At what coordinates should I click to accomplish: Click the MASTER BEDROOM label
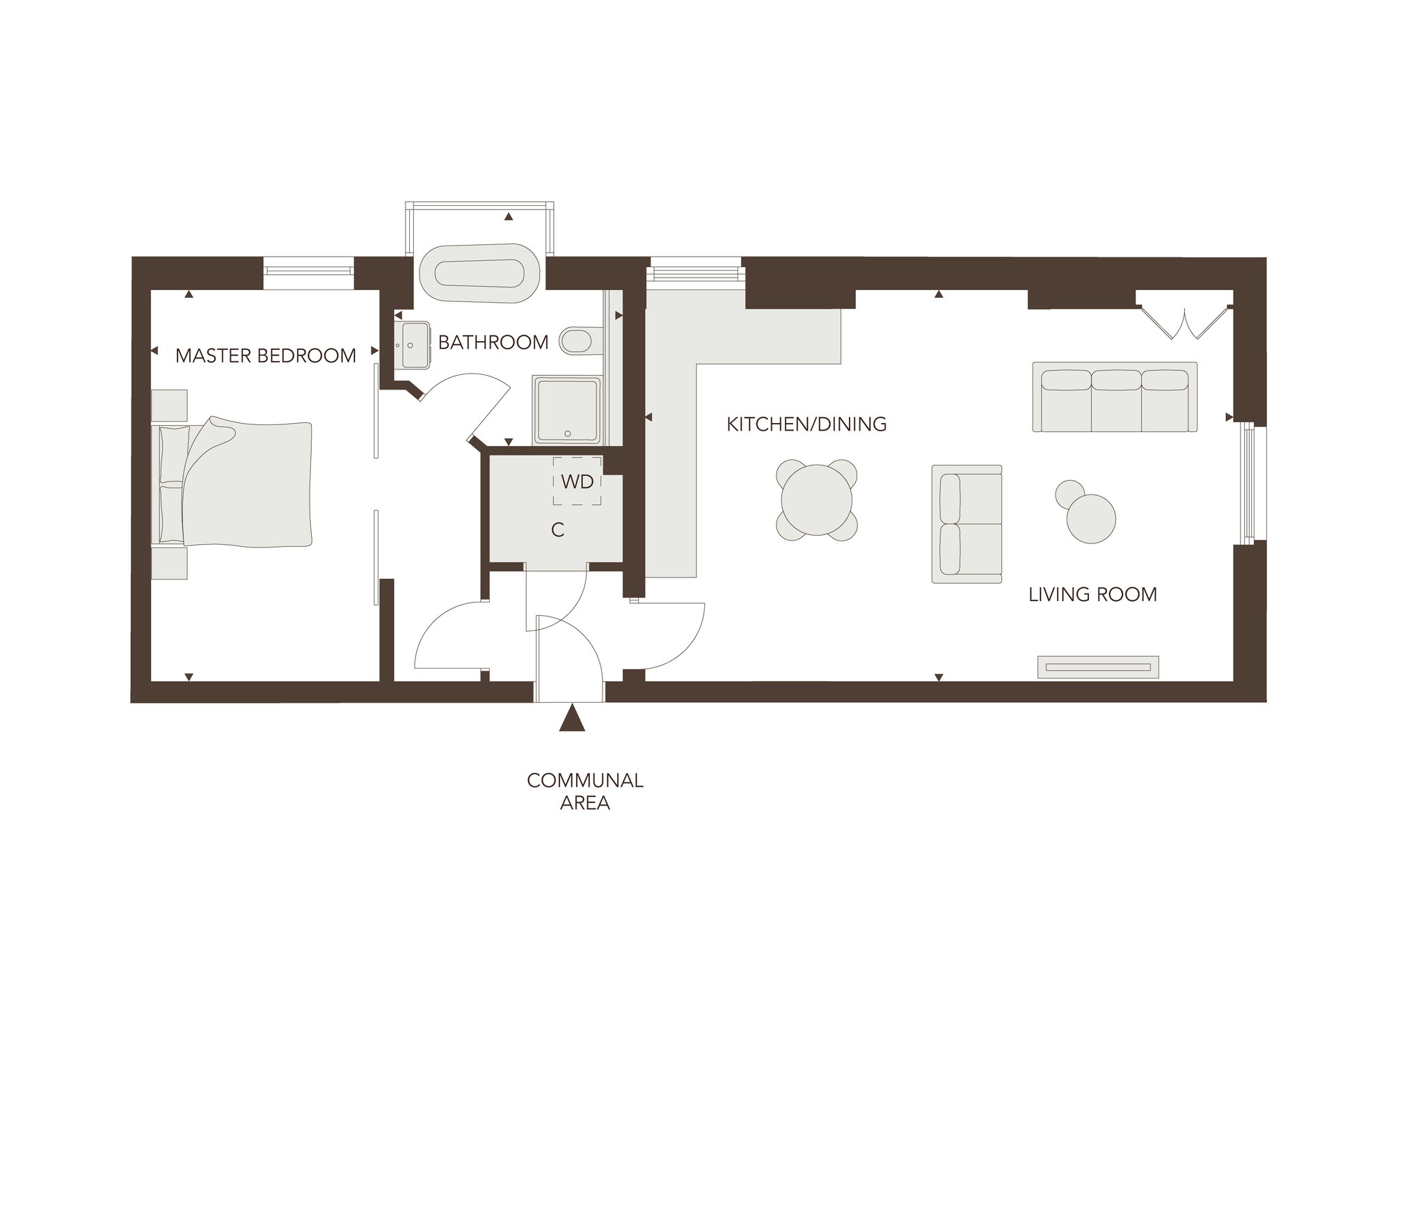266,356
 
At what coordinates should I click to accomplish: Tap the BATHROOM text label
493,342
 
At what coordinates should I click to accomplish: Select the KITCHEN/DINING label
806,424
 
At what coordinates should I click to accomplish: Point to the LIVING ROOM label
1092,594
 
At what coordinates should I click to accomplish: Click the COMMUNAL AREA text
585,791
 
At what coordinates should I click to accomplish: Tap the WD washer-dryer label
577,481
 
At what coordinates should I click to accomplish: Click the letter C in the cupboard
557,530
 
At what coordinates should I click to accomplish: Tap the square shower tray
568,410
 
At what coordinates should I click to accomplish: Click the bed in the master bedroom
232,482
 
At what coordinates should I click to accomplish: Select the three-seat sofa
1115,397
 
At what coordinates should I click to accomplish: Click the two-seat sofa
966,524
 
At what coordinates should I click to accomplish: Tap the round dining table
817,500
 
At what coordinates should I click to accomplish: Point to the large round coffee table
1091,518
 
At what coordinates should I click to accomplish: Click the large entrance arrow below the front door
572,718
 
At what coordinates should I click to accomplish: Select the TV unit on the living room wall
1098,666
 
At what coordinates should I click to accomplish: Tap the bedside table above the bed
169,404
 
